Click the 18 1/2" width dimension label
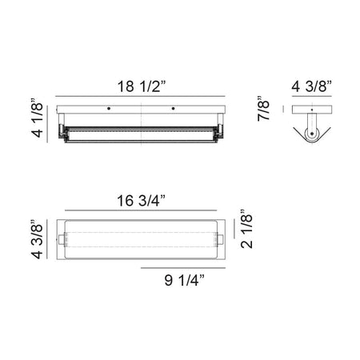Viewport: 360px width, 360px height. pyautogui.click(x=142, y=86)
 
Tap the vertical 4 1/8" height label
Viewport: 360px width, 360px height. pyautogui.click(x=38, y=118)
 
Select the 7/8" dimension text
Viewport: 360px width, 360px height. pyautogui.click(x=263, y=109)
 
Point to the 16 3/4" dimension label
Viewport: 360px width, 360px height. pyautogui.click(x=141, y=201)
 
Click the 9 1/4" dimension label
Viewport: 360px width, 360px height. pyautogui.click(x=185, y=280)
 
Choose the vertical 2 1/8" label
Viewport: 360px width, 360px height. pyautogui.click(x=246, y=229)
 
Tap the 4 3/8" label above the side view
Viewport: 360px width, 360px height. pyautogui.click(x=311, y=86)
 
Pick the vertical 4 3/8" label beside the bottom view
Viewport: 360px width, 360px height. pyautogui.click(x=37, y=239)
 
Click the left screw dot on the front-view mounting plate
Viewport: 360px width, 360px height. pyautogui.click(x=109, y=109)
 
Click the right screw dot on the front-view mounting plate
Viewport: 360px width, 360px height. pyautogui.click(x=174, y=109)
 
